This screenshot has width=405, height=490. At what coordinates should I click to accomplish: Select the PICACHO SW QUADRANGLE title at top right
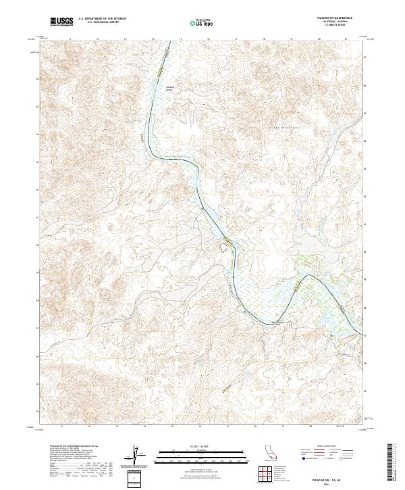pos(335,18)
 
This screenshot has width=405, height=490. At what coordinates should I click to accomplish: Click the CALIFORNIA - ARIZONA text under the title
pos(335,24)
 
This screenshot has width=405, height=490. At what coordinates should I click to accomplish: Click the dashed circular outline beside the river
pos(220,247)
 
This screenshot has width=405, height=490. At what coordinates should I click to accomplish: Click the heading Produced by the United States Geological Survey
pos(74,447)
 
